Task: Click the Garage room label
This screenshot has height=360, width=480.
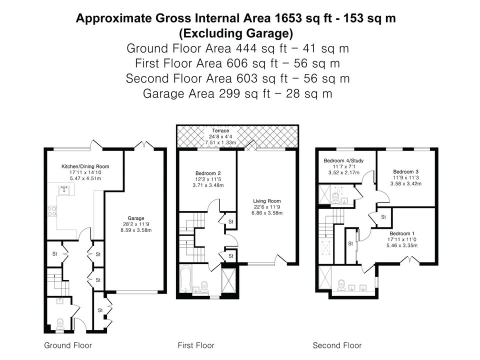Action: click(136, 218)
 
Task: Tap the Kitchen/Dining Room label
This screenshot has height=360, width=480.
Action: click(85, 166)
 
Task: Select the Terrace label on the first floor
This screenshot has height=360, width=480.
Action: click(220, 130)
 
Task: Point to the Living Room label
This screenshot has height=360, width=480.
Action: click(267, 201)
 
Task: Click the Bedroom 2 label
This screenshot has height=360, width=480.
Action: click(208, 173)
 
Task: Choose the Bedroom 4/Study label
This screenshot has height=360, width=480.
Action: click(344, 160)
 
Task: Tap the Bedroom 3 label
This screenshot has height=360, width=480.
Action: click(406, 171)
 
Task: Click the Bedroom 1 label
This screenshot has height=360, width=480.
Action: click(402, 233)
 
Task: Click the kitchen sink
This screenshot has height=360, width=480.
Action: click(64, 190)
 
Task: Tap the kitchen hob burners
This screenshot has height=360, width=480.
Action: click(51, 211)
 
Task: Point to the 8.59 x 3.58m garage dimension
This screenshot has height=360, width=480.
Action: click(136, 230)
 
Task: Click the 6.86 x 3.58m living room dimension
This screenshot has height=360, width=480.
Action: click(267, 213)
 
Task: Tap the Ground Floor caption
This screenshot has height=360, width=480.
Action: click(68, 345)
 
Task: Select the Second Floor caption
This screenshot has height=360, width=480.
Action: click(337, 345)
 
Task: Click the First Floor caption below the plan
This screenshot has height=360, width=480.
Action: click(196, 345)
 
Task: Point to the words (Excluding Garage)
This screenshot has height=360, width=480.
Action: click(236, 33)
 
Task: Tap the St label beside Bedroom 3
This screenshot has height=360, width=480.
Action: click(383, 217)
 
